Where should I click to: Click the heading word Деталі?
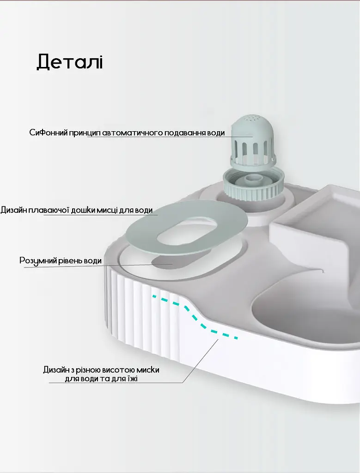70,62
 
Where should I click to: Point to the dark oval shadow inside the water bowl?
165,262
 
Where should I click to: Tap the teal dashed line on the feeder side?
195,317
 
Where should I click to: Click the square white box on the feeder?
314,223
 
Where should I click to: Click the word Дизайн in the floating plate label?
13,210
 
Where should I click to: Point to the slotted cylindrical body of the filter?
253,151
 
